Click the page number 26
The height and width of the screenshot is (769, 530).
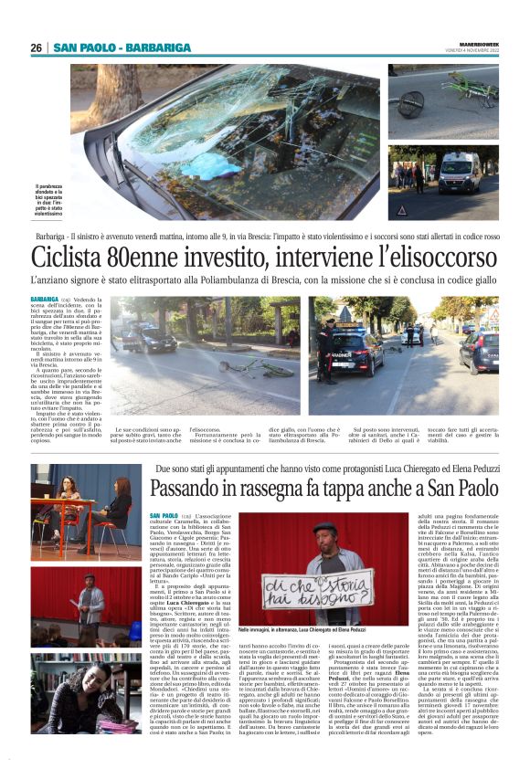click(37, 47)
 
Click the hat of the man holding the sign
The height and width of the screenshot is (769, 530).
click(324, 527)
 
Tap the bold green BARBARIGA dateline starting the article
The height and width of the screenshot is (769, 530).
click(44, 299)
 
